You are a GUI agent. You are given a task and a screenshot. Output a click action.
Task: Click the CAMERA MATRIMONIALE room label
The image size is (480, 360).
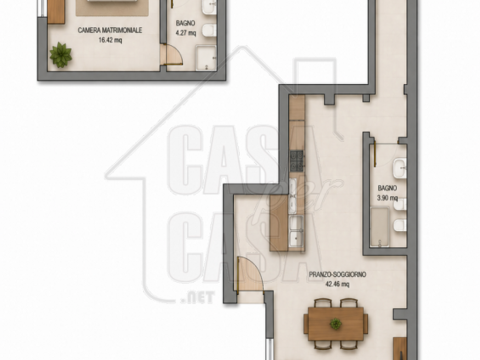(x=110, y=30)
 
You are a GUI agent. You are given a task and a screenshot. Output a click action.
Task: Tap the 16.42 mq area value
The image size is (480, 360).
(x=110, y=40)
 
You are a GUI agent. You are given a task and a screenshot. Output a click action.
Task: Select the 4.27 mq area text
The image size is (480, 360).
(x=185, y=32)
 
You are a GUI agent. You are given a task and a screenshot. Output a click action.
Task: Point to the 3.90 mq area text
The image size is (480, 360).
(x=387, y=198)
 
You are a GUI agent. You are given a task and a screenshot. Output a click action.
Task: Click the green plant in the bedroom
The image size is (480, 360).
(x=61, y=55)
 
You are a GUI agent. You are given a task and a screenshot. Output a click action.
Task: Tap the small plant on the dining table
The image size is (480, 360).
(x=336, y=323)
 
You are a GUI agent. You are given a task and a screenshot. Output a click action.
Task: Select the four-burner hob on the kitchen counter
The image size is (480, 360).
(x=297, y=160)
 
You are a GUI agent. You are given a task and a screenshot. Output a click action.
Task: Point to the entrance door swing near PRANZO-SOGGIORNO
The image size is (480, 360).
(x=249, y=273)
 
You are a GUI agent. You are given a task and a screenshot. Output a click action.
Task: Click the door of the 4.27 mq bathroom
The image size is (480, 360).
(x=172, y=54)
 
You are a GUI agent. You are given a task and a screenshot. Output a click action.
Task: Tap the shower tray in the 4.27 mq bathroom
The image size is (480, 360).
(x=206, y=58)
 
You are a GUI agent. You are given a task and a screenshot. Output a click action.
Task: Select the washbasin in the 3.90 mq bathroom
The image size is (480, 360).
(x=400, y=168)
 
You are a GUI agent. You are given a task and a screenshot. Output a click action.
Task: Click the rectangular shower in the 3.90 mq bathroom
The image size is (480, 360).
(x=379, y=227)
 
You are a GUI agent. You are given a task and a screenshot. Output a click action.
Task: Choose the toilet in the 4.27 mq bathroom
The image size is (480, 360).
(x=209, y=30)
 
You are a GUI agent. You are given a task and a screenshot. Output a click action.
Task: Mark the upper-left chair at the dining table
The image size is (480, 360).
(x=323, y=302)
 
